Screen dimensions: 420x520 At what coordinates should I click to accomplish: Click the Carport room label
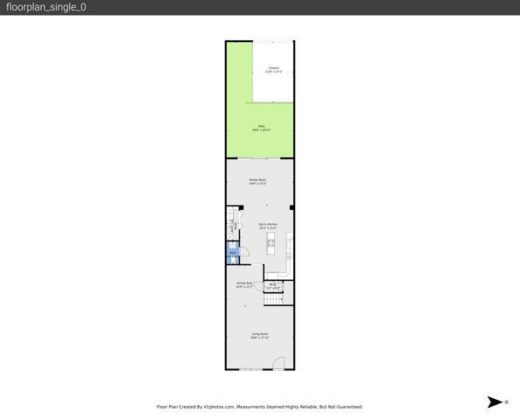[x=274, y=67]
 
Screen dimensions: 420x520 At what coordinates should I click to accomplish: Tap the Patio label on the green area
[x=261, y=126]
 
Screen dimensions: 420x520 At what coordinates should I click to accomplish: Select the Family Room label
[x=257, y=179]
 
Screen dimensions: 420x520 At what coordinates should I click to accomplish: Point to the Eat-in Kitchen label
[x=267, y=224]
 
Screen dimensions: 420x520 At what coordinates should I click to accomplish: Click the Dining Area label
[x=244, y=283]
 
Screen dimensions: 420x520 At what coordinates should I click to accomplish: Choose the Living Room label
[x=260, y=333]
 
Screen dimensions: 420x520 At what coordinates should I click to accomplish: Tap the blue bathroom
[x=233, y=255]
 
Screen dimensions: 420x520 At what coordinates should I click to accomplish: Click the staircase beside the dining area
[x=275, y=298]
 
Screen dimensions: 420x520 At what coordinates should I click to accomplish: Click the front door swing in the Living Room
[x=277, y=364]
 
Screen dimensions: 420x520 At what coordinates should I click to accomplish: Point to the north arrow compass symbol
[x=493, y=402]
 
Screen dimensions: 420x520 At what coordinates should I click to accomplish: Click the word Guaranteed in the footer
[x=346, y=407]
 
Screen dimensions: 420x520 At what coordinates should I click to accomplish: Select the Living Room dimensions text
[x=260, y=338]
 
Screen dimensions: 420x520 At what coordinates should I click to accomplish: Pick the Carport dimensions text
[x=274, y=72]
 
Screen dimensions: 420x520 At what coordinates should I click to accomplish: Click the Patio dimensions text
[x=261, y=130]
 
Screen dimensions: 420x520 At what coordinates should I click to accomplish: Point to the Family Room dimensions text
[x=257, y=184]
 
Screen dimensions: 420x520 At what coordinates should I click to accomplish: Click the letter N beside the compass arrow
[x=505, y=402]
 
